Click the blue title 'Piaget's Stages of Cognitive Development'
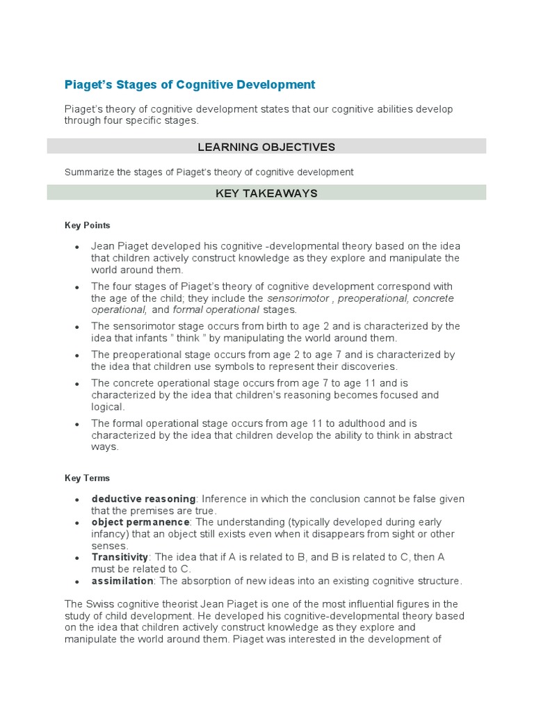[x=190, y=85]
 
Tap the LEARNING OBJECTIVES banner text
[x=266, y=147]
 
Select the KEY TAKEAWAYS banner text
[x=266, y=193]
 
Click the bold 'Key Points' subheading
[x=88, y=225]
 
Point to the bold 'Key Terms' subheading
[x=87, y=478]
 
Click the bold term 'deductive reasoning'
[x=143, y=499]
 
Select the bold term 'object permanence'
[x=140, y=522]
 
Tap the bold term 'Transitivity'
[x=120, y=557]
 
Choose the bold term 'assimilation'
[x=122, y=581]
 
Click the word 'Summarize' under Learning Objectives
[x=89, y=172]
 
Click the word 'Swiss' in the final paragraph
[x=97, y=604]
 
